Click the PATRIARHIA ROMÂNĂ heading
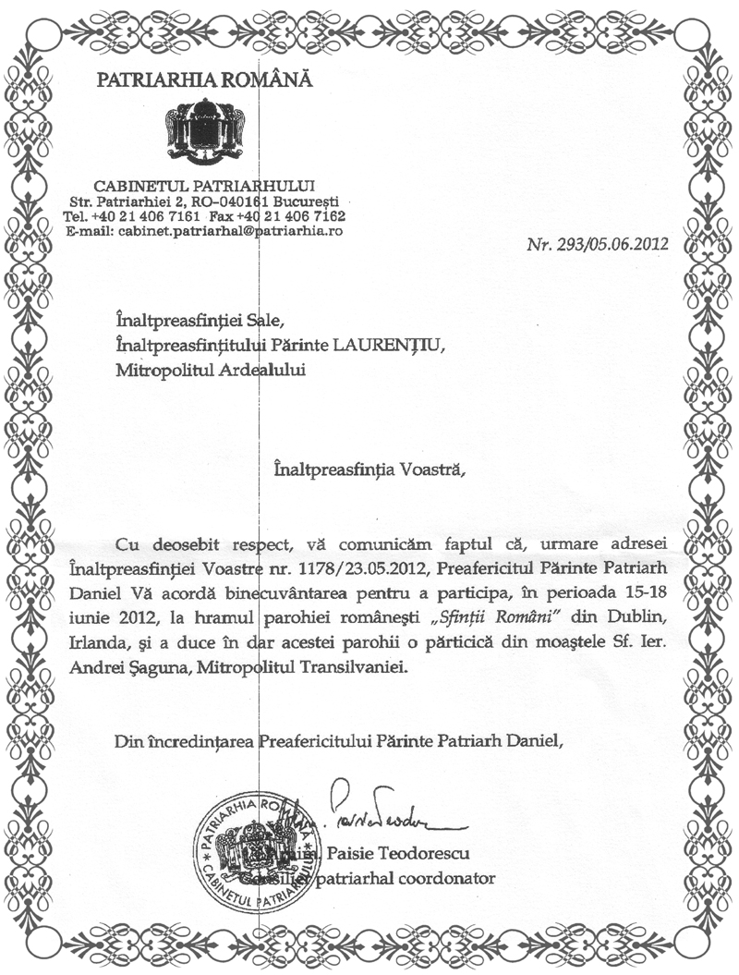205,80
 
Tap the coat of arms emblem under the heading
205,134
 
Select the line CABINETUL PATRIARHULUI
205,186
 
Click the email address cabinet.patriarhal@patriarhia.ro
231,230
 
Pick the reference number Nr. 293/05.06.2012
597,247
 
